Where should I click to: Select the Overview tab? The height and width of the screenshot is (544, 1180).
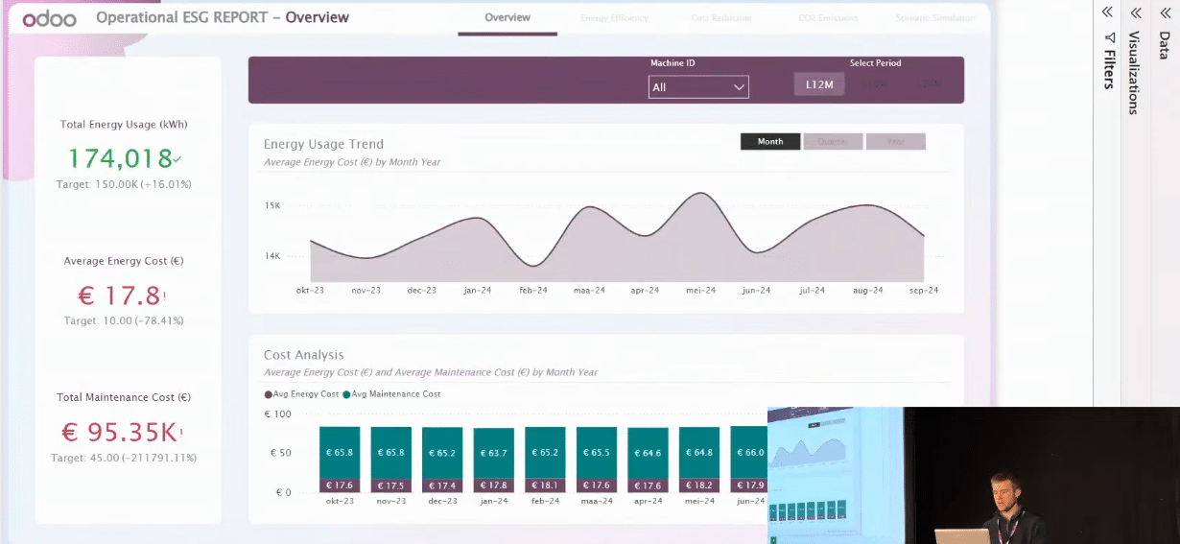tap(507, 17)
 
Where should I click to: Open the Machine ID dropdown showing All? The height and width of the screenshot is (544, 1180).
tap(698, 87)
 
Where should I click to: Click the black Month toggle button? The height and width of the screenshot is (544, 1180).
tap(770, 142)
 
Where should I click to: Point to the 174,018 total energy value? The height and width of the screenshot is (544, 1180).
tap(121, 158)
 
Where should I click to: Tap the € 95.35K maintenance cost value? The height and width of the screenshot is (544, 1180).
tap(119, 433)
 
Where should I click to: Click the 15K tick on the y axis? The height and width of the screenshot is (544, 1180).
tap(272, 205)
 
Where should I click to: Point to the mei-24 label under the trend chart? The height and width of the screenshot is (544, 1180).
tap(699, 291)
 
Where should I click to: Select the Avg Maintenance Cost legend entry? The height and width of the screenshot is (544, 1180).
tap(396, 394)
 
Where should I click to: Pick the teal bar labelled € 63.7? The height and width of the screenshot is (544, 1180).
tap(493, 452)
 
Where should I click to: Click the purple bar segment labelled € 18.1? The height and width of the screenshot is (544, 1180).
tap(545, 485)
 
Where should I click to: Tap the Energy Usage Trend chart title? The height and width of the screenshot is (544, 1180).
tap(323, 144)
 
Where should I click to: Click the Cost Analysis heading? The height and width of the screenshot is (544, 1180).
tap(303, 355)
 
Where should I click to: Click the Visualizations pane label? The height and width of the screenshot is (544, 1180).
tap(1134, 73)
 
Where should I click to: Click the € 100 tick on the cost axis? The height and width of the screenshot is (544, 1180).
tap(277, 414)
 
